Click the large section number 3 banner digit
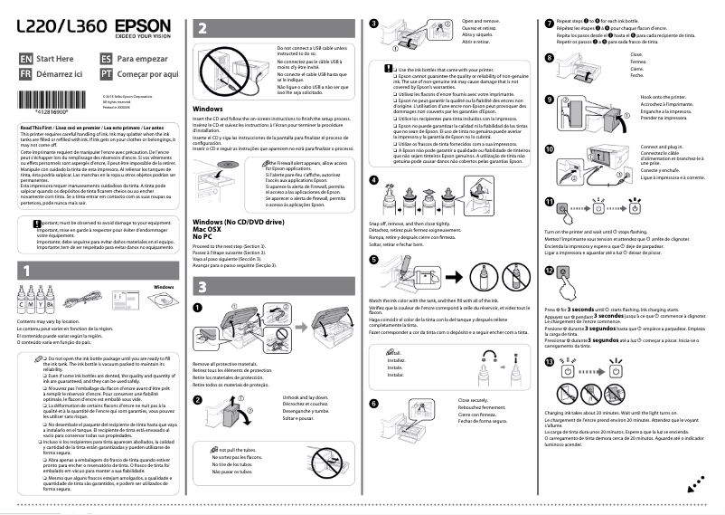202,287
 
